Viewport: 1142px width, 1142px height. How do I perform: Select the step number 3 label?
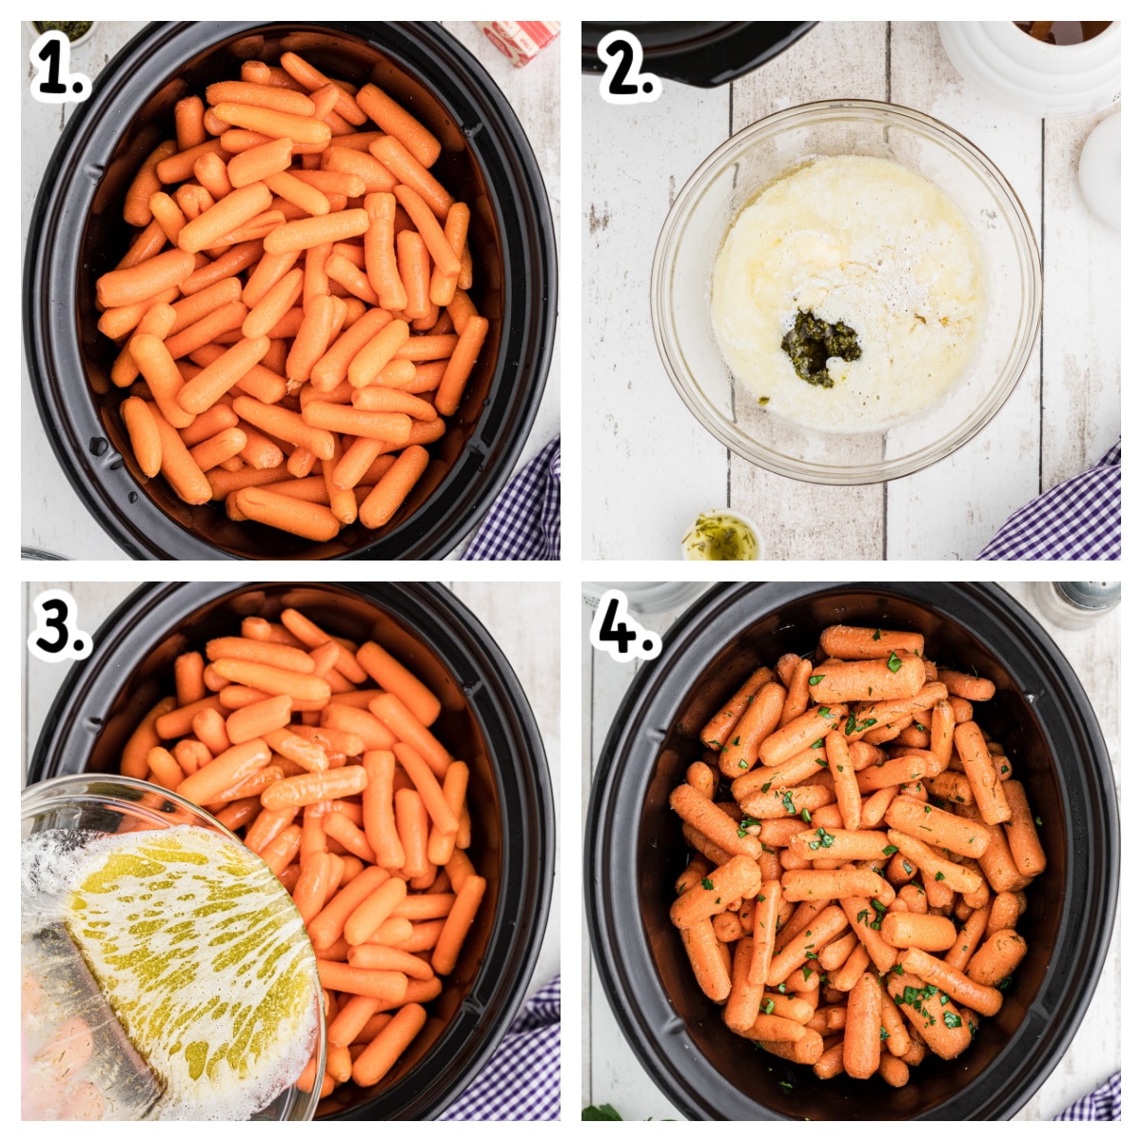tap(59, 628)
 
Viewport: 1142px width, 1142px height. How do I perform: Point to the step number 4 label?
tap(623, 628)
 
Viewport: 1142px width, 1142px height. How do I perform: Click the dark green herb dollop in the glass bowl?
tap(818, 347)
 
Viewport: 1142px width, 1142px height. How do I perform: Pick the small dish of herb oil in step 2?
tap(721, 539)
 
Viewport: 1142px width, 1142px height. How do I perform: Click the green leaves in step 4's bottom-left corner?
tap(604, 1112)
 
